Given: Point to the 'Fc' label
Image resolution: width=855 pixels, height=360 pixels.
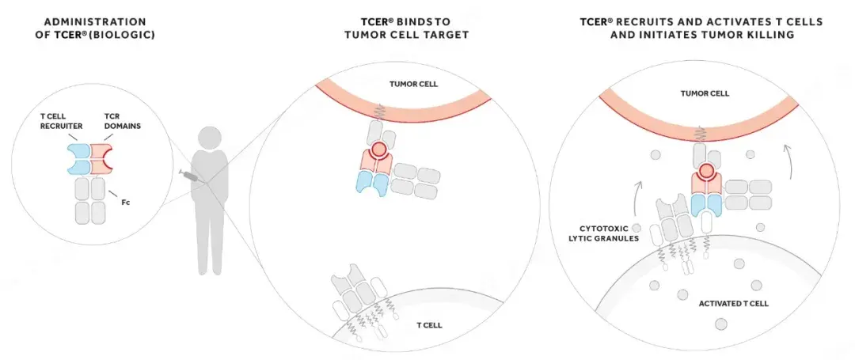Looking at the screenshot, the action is (126, 203).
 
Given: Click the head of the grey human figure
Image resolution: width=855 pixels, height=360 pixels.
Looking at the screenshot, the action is (209, 137).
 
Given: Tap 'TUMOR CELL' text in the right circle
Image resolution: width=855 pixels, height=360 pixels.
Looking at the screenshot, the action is (699, 93).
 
